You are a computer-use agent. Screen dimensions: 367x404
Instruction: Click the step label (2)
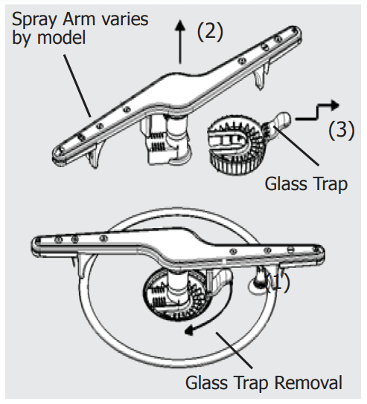click(210, 31)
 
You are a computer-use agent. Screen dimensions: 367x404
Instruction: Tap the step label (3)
click(341, 130)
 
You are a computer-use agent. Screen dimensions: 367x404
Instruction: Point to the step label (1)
click(278, 283)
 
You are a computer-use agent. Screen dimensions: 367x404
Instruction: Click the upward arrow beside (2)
click(180, 42)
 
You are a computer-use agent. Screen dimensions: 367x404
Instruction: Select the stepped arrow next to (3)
click(317, 111)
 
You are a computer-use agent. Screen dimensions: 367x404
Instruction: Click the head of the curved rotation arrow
click(189, 330)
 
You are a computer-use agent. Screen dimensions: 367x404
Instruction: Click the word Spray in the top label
click(34, 20)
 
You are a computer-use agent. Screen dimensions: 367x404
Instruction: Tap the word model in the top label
click(61, 38)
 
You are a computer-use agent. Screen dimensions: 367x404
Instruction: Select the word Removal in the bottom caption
click(308, 382)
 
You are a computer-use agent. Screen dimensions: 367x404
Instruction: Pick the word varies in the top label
click(125, 19)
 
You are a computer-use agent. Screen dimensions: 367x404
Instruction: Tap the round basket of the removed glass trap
click(236, 145)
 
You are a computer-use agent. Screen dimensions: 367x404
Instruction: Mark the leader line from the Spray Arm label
click(77, 86)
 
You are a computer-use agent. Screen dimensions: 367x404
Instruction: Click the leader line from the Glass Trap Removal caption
click(234, 351)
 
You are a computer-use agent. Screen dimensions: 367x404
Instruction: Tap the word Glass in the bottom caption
click(206, 382)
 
